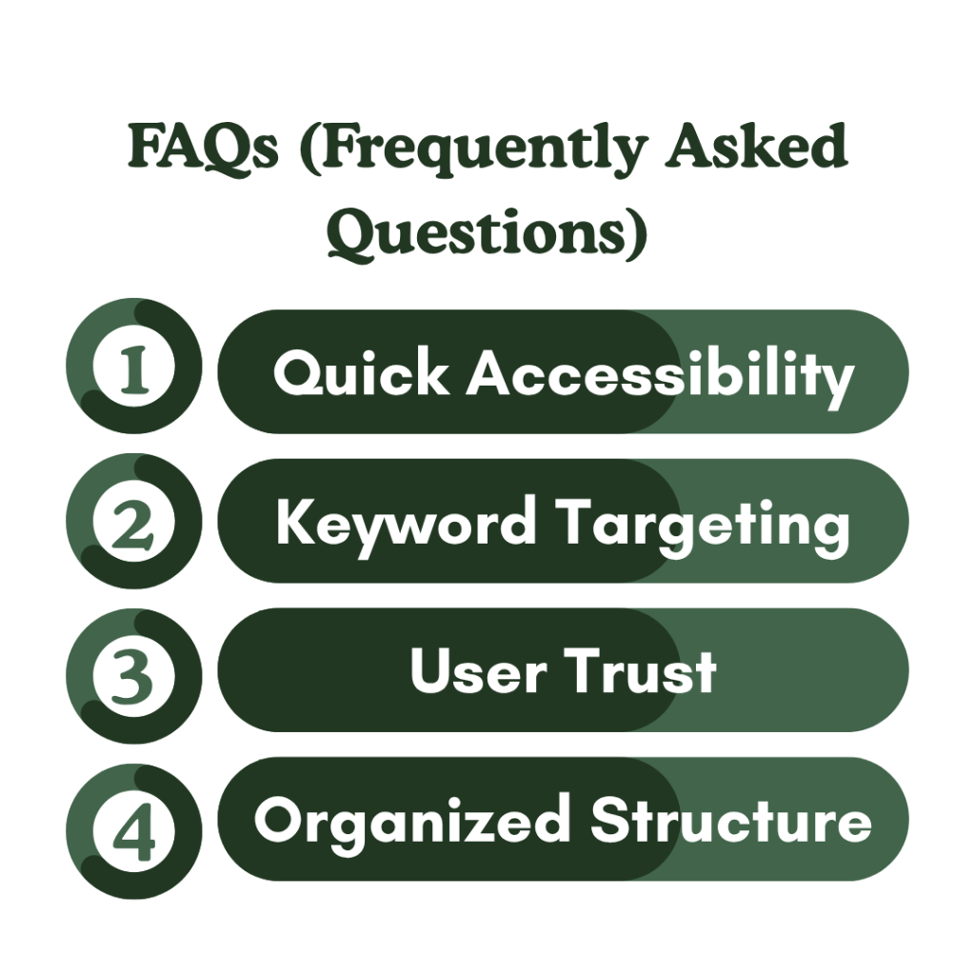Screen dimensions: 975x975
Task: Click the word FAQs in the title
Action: click(203, 149)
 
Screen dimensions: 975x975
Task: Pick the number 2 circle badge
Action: click(134, 521)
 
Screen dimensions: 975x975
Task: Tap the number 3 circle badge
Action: click(134, 671)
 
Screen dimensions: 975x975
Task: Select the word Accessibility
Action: click(659, 374)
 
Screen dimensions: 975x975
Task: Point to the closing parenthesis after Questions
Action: click(636, 234)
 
